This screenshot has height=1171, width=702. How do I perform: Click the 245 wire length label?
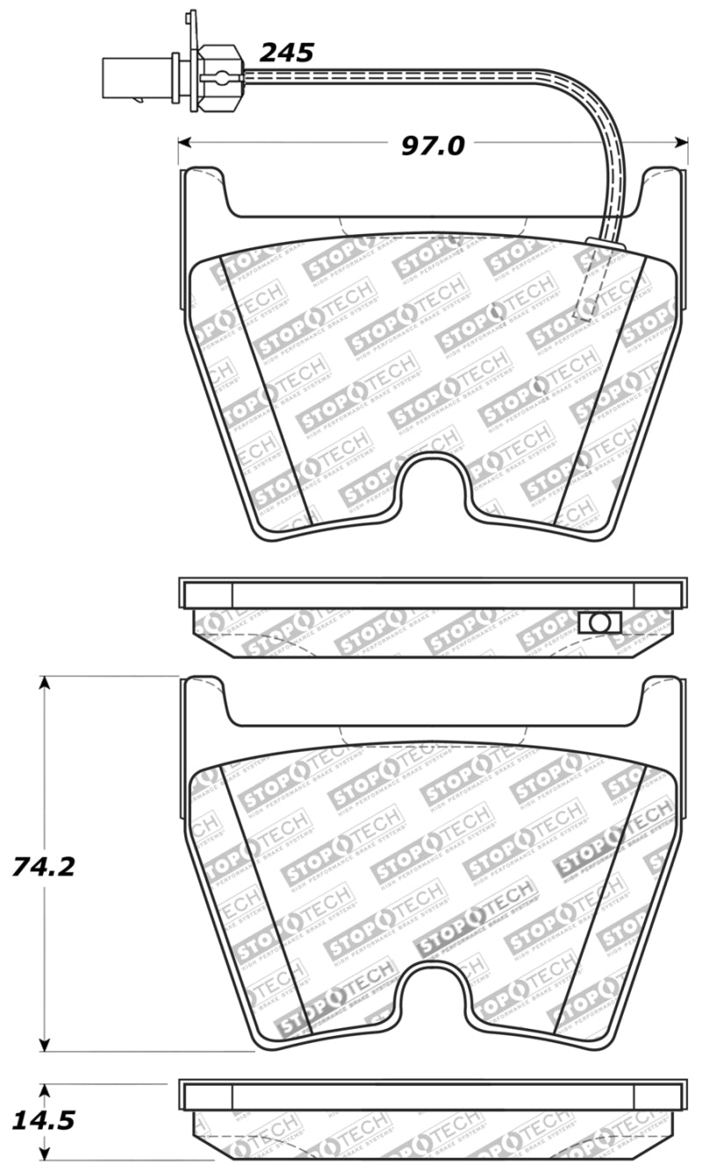[286, 53]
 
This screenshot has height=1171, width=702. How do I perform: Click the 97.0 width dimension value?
[433, 146]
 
